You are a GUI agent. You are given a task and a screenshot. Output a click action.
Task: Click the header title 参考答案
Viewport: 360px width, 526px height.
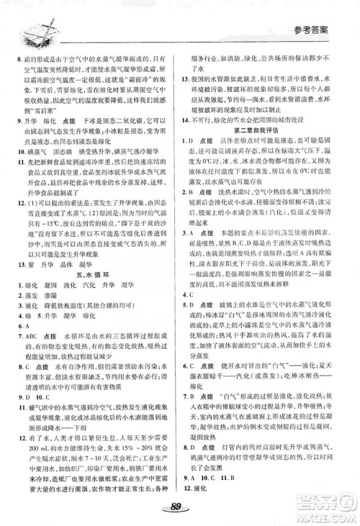click(325, 30)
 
